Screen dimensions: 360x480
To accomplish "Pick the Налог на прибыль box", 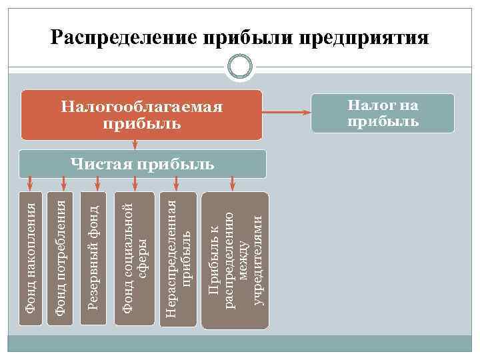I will click(x=382, y=111).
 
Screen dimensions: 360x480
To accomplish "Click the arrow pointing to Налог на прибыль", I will click(x=287, y=111).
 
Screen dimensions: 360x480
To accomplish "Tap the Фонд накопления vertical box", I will click(x=29, y=260).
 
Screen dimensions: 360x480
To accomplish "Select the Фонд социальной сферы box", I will click(x=135, y=260).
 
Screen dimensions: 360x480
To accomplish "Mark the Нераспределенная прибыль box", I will click(x=179, y=260).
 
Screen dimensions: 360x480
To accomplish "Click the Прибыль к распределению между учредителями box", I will click(x=235, y=260).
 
